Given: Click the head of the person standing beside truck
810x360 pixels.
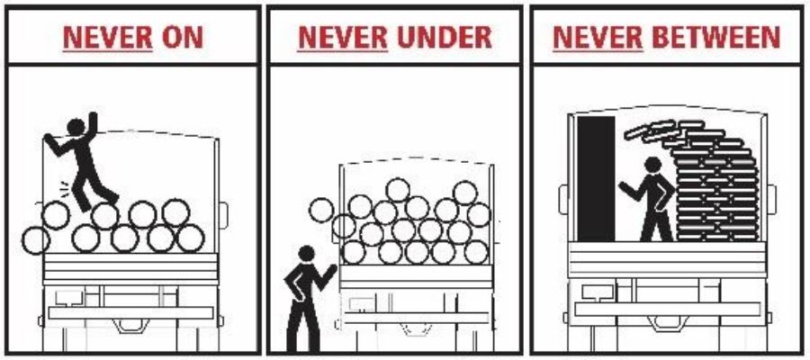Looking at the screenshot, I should point(306,255).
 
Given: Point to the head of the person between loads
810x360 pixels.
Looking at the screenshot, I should point(653,166).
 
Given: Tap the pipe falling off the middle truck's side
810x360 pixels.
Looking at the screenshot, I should point(321,211).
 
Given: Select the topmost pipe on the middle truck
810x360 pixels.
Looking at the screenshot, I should point(399,190).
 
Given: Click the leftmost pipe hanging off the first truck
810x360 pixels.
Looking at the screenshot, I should point(36,239).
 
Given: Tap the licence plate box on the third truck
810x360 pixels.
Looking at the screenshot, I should point(594,291).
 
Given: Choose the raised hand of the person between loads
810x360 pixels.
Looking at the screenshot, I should point(623,186).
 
